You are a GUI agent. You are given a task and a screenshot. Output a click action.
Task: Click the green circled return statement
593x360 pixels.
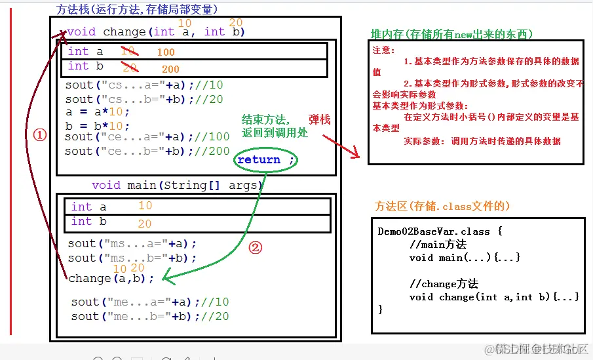coord(265,161)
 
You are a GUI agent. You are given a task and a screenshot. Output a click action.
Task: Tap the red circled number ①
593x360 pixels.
coord(40,134)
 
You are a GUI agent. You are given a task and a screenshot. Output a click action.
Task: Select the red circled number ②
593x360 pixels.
coord(256,248)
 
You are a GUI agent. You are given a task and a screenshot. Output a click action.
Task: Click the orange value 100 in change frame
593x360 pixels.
coord(166,52)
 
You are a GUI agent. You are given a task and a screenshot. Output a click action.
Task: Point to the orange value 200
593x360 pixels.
coord(170,69)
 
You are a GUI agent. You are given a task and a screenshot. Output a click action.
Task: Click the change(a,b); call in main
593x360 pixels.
coord(111,278)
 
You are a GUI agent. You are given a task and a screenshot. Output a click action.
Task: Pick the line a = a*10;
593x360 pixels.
coord(98,111)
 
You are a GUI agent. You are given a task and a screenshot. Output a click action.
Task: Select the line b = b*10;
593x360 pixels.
coord(98,125)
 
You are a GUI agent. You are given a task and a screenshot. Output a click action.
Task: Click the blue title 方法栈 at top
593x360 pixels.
coord(74,9)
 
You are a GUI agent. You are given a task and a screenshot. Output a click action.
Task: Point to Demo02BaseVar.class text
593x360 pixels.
coord(434,231)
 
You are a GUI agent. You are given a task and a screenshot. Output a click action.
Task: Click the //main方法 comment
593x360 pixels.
coord(438,245)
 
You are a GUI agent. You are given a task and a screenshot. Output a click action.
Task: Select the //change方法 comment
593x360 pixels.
coord(444,284)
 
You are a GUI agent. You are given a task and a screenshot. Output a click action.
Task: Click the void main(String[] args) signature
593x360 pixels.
coord(177,186)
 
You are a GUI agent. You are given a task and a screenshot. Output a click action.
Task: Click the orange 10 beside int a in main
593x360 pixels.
coord(145,206)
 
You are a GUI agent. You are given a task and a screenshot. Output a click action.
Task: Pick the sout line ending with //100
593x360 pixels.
coord(147,137)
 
